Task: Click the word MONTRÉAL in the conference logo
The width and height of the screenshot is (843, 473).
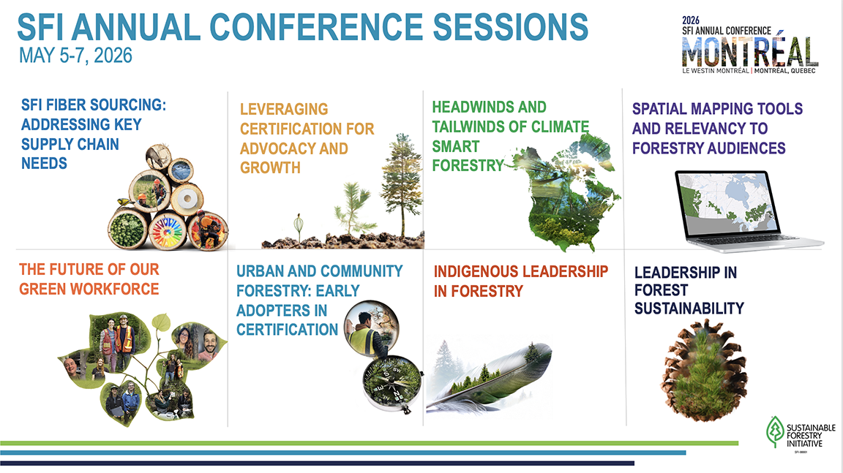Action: pos(750,52)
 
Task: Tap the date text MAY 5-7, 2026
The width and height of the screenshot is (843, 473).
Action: pos(75,56)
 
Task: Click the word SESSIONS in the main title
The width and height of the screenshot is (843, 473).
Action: pos(510,27)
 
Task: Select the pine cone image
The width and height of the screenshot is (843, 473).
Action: pos(704,370)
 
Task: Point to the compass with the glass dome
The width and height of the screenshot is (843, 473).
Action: pos(391,383)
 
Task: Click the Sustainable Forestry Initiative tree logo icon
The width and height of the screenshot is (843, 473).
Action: pos(775,431)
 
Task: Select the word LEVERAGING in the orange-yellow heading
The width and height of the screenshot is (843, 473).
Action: pos(284,109)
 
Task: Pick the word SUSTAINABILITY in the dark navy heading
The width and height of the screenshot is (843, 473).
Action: pos(689,309)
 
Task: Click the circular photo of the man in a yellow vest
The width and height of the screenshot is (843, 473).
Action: pos(372,328)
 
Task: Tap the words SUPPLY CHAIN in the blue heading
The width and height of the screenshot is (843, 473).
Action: pos(70,144)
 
